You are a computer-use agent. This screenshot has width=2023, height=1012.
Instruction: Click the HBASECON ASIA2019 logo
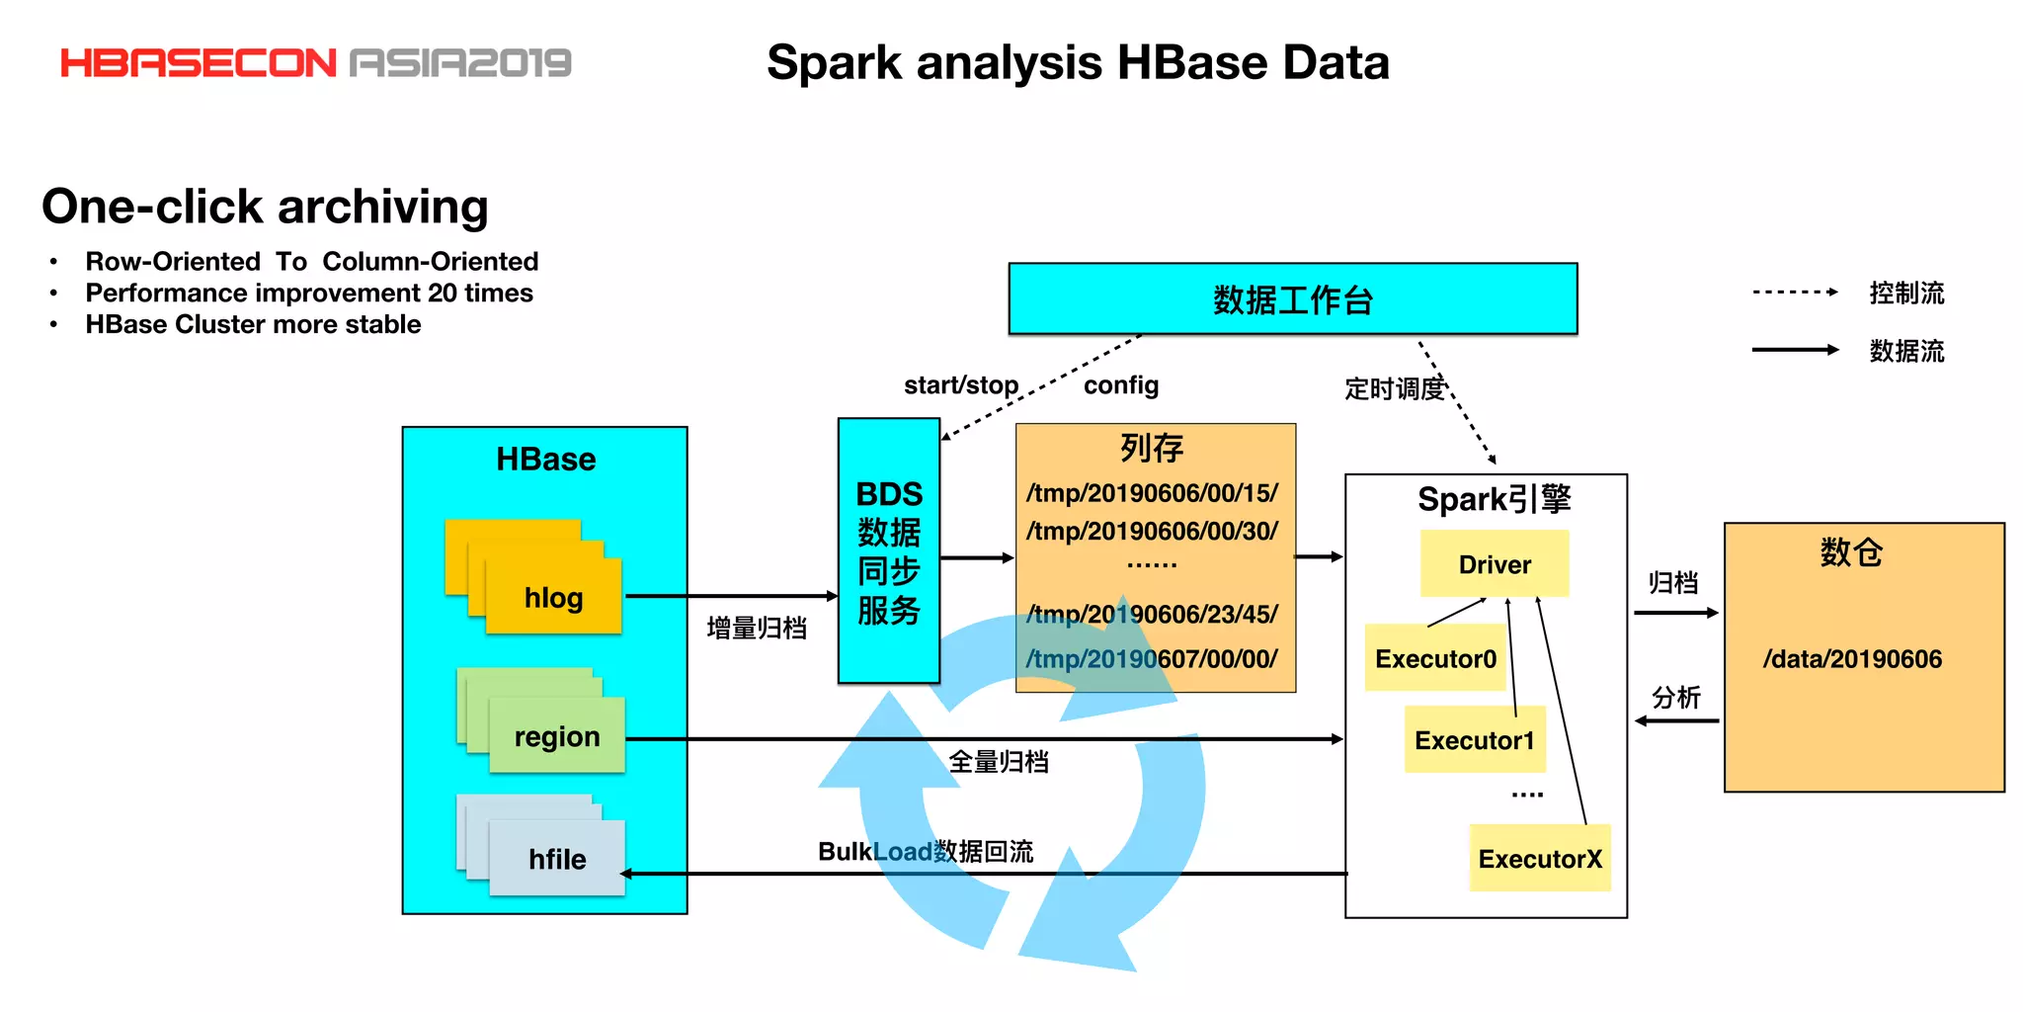click(x=316, y=63)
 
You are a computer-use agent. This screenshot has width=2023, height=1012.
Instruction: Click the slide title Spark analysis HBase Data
click(x=1078, y=63)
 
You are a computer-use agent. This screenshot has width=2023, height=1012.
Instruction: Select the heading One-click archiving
click(x=265, y=207)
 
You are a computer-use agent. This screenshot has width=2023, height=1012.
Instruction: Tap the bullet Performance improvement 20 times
click(x=308, y=294)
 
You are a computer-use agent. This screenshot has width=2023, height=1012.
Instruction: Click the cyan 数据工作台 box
click(x=1292, y=298)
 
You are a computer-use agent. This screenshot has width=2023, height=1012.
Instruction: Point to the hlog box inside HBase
click(x=553, y=597)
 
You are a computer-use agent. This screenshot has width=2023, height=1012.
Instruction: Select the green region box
click(x=557, y=736)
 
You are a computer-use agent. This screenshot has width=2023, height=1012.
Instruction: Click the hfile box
click(x=557, y=859)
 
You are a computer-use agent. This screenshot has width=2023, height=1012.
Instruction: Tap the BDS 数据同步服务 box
click(x=888, y=551)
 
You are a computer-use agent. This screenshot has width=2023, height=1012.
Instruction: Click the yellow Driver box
click(x=1494, y=564)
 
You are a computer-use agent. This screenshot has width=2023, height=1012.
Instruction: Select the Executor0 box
click(x=1434, y=658)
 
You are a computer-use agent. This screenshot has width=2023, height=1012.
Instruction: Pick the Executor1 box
click(x=1474, y=740)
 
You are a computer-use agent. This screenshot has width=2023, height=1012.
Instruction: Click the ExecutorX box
click(x=1539, y=859)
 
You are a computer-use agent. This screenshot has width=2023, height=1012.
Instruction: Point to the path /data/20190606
click(x=1852, y=659)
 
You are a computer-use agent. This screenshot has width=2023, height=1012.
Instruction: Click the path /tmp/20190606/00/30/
click(x=1152, y=532)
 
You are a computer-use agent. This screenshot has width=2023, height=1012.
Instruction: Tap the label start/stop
click(x=960, y=385)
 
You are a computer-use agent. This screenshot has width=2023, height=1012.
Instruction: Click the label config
click(x=1120, y=385)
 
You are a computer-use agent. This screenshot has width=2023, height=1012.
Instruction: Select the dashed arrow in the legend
click(x=1794, y=293)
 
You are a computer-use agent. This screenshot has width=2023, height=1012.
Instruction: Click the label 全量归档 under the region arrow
click(x=998, y=762)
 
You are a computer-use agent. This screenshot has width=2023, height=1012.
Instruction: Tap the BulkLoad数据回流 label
click(x=925, y=852)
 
